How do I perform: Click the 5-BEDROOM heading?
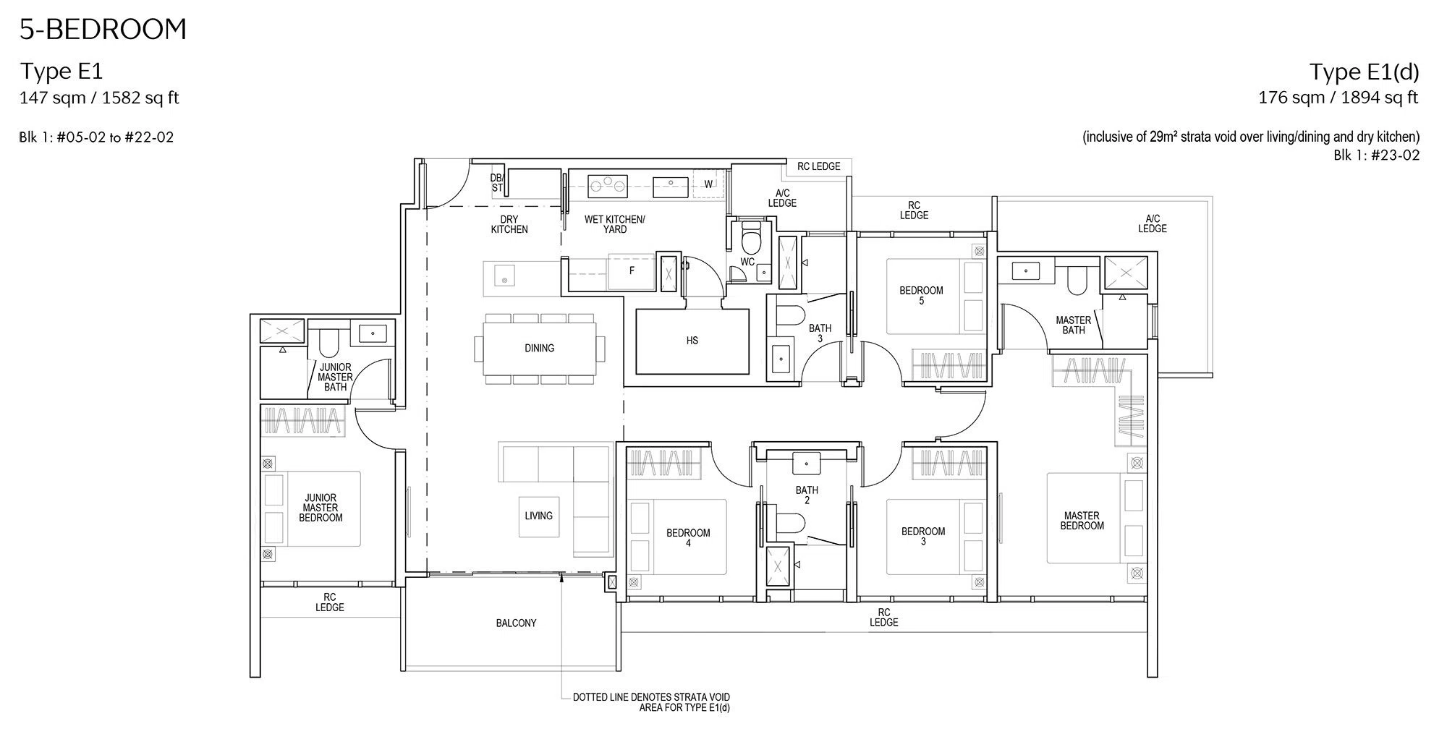click(103, 30)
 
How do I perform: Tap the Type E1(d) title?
click(1364, 72)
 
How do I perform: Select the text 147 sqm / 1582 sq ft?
click(99, 98)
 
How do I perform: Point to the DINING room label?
click(539, 349)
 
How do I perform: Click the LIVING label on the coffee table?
click(538, 516)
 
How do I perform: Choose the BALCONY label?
click(516, 623)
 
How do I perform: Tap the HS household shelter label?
click(692, 341)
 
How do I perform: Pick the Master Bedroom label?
click(1082, 521)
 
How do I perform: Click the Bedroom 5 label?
click(921, 295)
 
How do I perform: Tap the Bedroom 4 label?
click(688, 537)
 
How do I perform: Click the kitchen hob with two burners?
click(608, 186)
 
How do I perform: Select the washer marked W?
click(708, 184)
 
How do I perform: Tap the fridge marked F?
click(632, 270)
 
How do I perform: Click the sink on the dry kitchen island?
click(504, 276)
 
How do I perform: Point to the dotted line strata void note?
click(651, 703)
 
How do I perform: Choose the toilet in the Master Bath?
click(1077, 280)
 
